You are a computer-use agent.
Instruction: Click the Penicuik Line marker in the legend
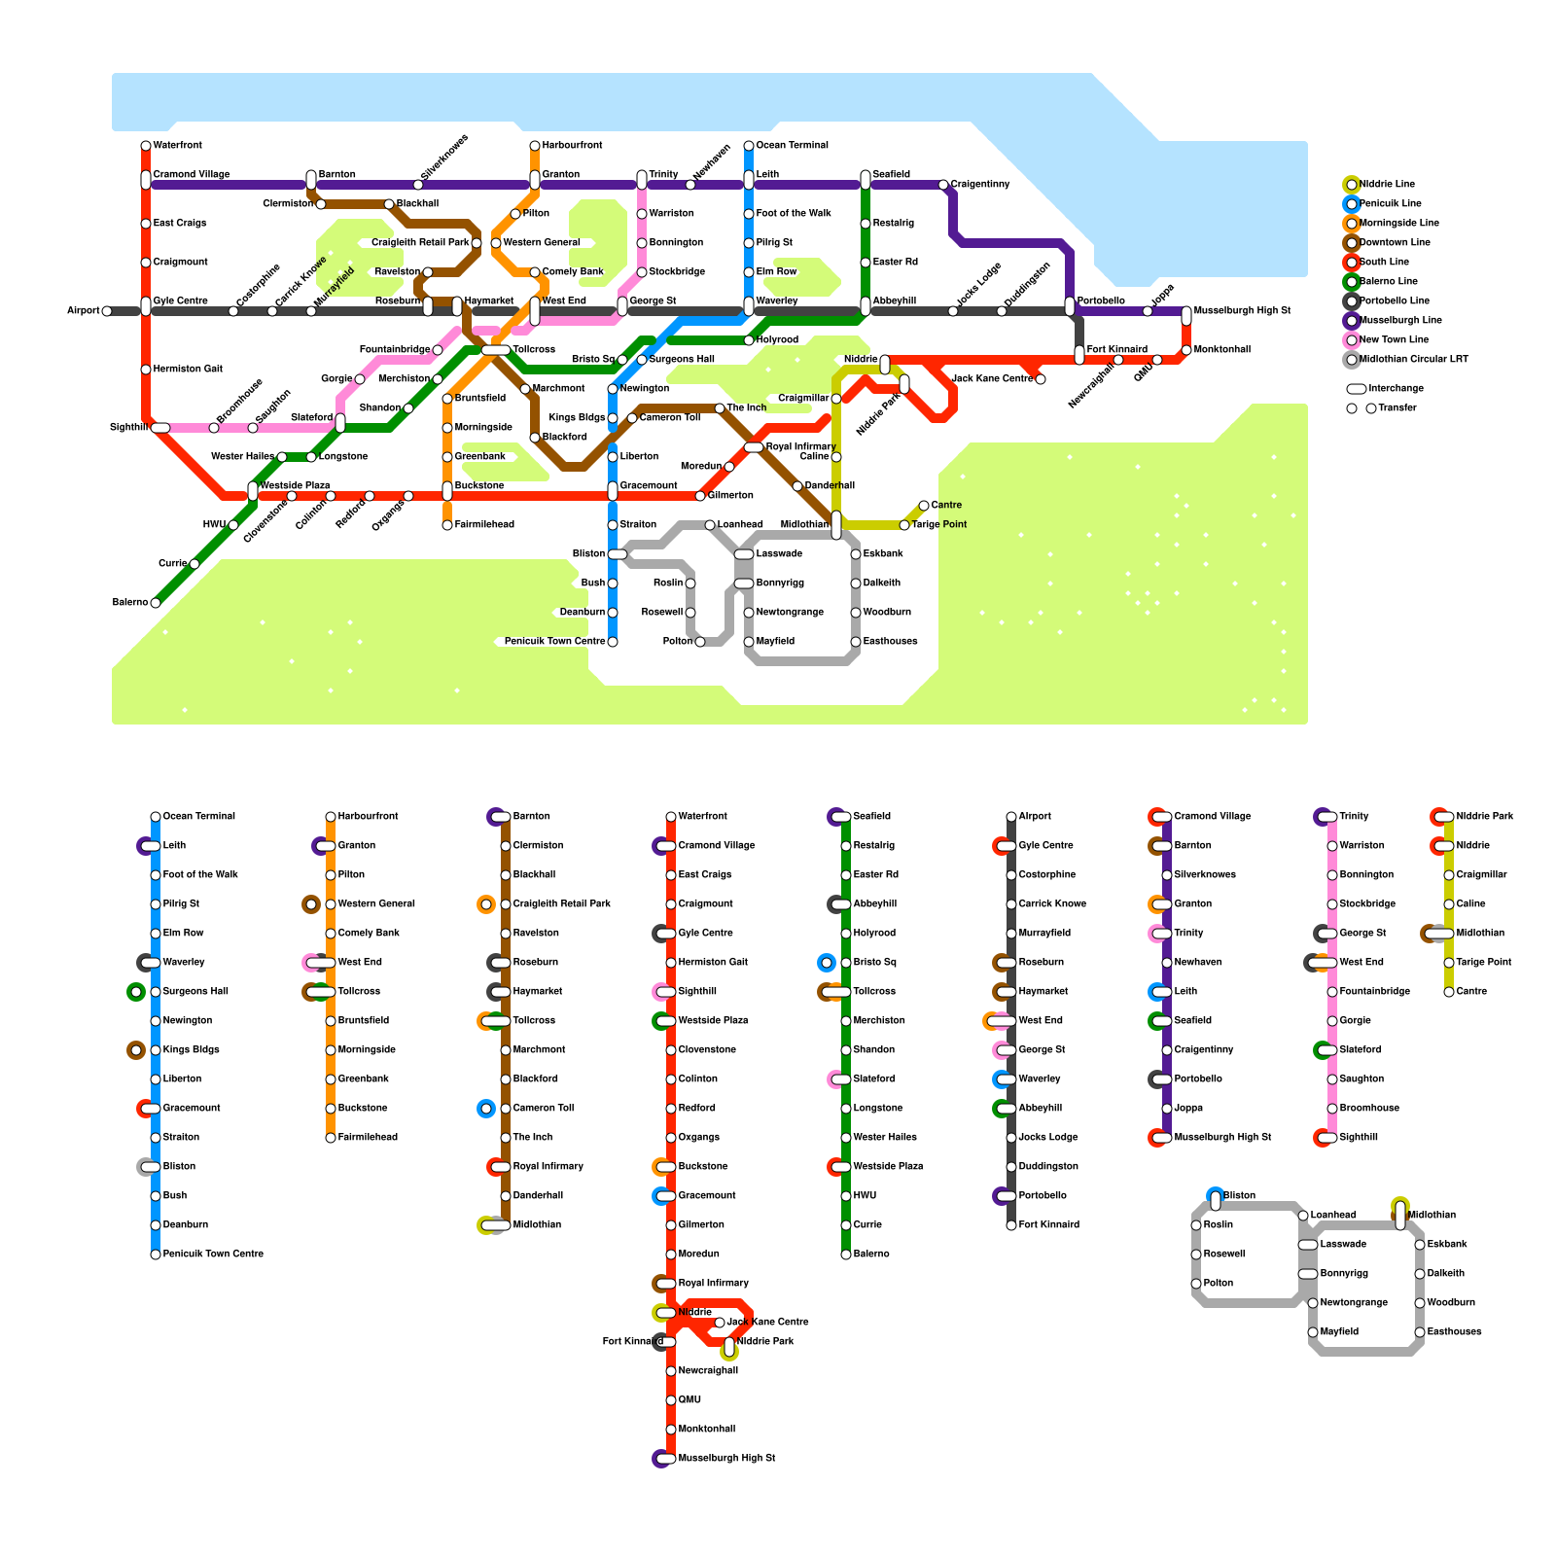pyautogui.click(x=1352, y=204)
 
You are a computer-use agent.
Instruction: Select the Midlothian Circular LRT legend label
pyautogui.click(x=1414, y=360)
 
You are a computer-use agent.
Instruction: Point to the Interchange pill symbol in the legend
pyautogui.click(x=1357, y=389)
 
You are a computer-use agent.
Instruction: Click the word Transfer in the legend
pyautogui.click(x=1398, y=408)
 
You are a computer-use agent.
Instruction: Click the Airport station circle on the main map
pyautogui.click(x=107, y=311)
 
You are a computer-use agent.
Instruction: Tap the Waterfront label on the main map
pyautogui.click(x=178, y=146)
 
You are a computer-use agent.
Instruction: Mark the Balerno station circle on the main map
pyautogui.click(x=156, y=603)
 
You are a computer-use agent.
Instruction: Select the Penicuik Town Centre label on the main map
pyautogui.click(x=554, y=642)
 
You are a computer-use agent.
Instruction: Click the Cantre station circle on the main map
pyautogui.click(x=924, y=506)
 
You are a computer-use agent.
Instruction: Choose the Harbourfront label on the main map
pyautogui.click(x=572, y=146)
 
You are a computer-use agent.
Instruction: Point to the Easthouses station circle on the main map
pyautogui.click(x=856, y=642)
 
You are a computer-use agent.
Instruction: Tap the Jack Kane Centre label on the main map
pyautogui.click(x=992, y=379)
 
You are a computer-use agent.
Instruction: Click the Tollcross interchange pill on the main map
pyautogui.click(x=496, y=350)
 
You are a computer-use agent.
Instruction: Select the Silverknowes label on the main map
pyautogui.click(x=445, y=158)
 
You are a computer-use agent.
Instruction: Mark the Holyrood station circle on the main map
pyautogui.click(x=749, y=340)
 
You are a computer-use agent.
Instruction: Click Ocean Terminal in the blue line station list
pyautogui.click(x=199, y=817)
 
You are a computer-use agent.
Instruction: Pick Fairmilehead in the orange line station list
pyautogui.click(x=368, y=1138)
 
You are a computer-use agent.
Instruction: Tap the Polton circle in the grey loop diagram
pyautogui.click(x=1196, y=1284)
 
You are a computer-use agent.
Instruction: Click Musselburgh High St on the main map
pyautogui.click(x=1242, y=311)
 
